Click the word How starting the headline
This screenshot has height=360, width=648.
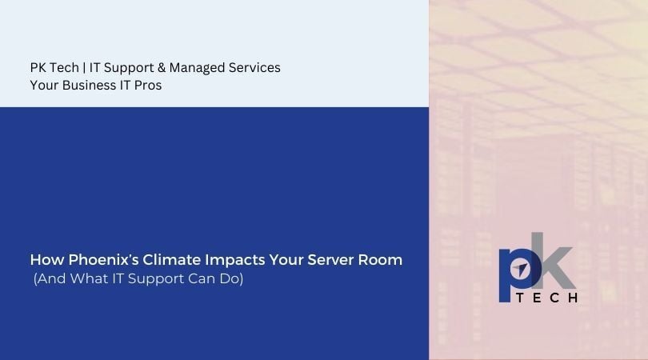click(45, 260)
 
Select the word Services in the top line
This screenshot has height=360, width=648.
click(254, 68)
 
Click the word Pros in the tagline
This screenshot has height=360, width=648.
click(148, 86)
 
